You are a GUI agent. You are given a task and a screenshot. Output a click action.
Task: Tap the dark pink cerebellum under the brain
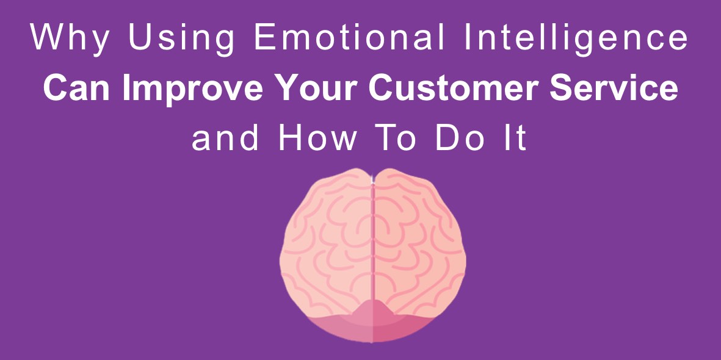pos(372,322)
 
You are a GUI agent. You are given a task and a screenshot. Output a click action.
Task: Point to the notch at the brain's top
pos(372,177)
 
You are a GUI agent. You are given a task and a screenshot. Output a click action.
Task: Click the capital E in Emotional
pos(265,37)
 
